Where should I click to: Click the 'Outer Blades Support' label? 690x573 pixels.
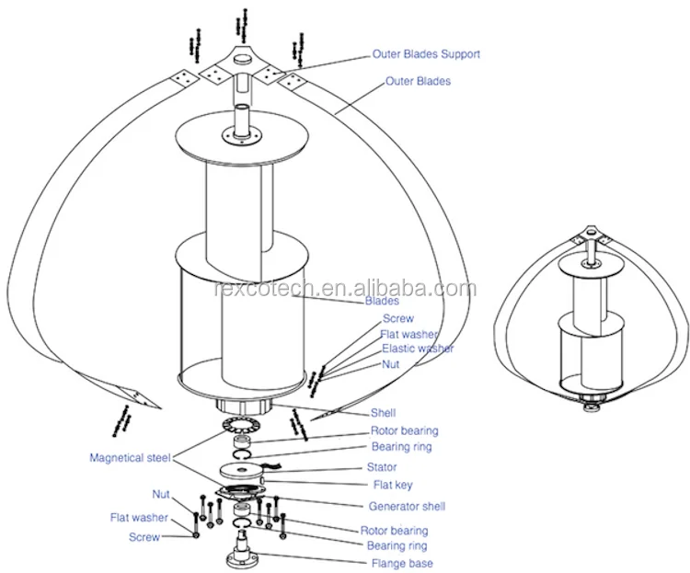coord(426,54)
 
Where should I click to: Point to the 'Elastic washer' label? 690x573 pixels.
coord(418,350)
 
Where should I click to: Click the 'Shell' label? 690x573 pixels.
coord(383,414)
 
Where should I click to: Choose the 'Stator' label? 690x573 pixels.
coord(382,467)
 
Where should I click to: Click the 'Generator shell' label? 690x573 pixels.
coord(408,506)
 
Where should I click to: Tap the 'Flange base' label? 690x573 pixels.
coord(402,563)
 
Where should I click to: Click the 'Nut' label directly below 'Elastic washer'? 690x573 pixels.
coord(392,365)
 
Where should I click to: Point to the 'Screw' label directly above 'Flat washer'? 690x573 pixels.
coord(397,318)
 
